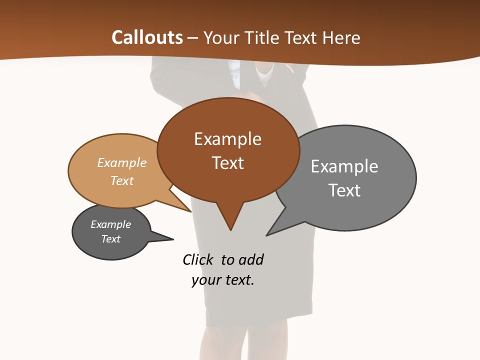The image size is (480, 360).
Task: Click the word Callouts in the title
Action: tap(147, 37)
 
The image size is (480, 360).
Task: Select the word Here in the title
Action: tap(342, 38)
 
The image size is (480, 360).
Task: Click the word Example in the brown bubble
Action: tap(227, 139)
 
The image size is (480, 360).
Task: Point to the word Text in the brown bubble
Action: tap(227, 163)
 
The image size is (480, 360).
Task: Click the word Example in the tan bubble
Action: tap(122, 162)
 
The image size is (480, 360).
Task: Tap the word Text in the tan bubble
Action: tap(122, 180)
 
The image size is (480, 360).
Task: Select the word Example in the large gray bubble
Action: tap(344, 166)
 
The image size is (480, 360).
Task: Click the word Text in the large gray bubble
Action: tap(344, 190)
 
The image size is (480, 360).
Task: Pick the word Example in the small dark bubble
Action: tap(110, 224)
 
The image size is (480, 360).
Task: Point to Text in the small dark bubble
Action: tap(110, 239)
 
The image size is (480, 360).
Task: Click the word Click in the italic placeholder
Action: tap(197, 260)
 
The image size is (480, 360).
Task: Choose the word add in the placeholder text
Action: tap(251, 260)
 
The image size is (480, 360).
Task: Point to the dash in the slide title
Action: tap(192, 38)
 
